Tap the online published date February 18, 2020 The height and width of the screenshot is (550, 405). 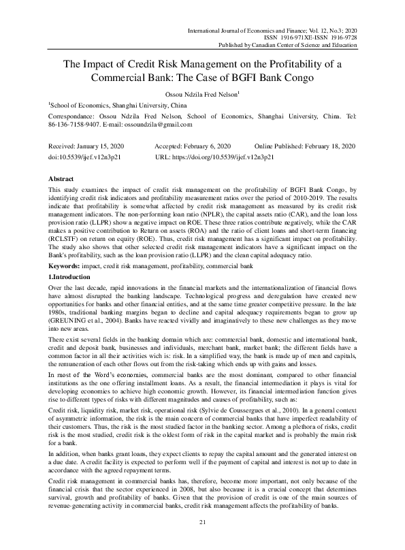(327, 147)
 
